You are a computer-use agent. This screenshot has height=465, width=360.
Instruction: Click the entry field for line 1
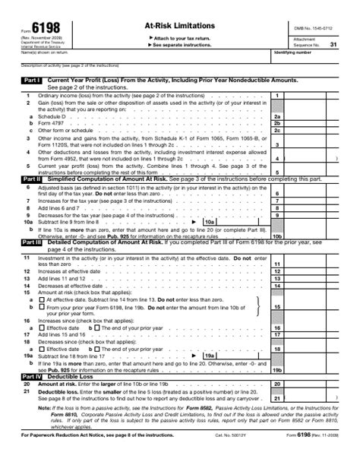pyautogui.click(x=312, y=95)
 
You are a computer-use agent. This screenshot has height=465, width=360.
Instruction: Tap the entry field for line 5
pyautogui.click(x=312, y=172)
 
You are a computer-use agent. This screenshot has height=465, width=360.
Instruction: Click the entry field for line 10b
pyautogui.click(x=312, y=236)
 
